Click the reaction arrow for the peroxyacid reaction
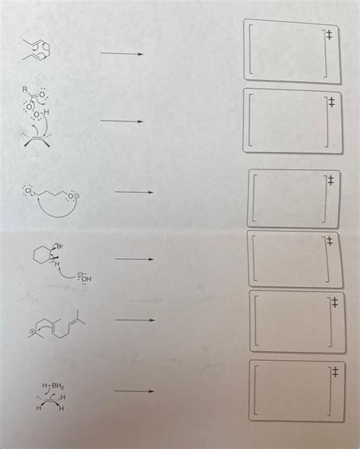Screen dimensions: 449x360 tap(121, 121)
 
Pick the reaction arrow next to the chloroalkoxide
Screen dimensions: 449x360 tap(134, 192)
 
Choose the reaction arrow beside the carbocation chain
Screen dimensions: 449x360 tap(134, 321)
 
